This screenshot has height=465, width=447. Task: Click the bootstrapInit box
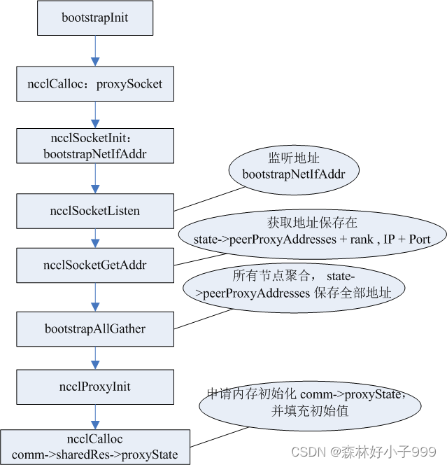point(95,18)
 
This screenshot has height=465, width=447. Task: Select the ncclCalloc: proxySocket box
point(95,84)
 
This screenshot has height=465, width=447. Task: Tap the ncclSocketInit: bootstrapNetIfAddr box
point(95,144)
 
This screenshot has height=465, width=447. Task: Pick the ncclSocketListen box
point(95,210)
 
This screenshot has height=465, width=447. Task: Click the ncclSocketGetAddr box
point(95,265)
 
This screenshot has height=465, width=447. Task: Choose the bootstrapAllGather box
point(95,328)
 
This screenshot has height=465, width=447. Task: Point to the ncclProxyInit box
point(95,387)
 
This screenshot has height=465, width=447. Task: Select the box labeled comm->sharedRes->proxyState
point(95,447)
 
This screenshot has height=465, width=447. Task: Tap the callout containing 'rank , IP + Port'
point(312,232)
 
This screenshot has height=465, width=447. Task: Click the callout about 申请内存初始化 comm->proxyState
point(309,403)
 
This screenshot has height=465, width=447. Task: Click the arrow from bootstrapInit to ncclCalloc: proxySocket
point(95,50)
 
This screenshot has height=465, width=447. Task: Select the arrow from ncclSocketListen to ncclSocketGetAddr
point(95,237)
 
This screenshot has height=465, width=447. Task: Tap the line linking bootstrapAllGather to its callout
point(203,319)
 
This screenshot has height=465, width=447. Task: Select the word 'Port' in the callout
point(420,239)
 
